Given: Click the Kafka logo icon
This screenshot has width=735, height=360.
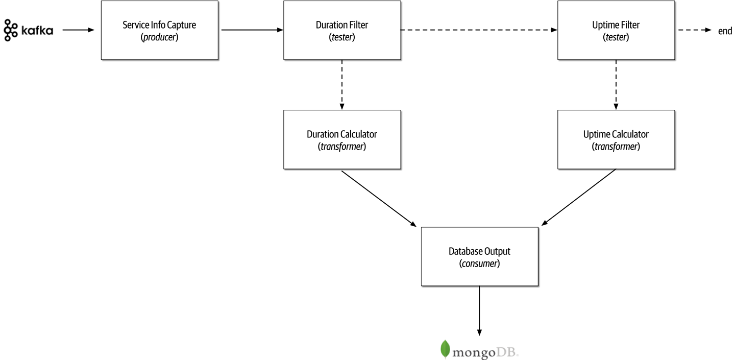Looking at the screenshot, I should tap(9, 30).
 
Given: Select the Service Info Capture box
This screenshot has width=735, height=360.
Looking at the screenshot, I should tap(159, 31).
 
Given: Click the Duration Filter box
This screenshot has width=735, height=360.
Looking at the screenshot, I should tap(341, 31).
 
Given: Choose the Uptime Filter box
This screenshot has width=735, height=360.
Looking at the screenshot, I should tap(616, 31).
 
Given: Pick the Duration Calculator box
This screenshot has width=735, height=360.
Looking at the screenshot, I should tap(341, 139).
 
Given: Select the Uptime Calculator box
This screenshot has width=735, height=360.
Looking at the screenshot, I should tap(616, 139).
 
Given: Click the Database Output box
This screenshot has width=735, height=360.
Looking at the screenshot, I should tap(479, 256).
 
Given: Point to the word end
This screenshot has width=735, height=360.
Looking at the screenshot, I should tap(725, 31).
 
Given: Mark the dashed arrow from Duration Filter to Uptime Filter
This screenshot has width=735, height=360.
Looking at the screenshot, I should tap(478, 30).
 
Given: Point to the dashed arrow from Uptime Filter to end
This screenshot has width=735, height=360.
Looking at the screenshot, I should tap(694, 30).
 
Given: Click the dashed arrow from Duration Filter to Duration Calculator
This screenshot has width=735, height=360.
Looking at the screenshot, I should tap(341, 85).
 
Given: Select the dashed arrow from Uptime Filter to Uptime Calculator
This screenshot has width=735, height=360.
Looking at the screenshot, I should tap(616, 85).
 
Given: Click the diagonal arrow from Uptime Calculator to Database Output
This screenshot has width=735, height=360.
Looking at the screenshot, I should tap(578, 197).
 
